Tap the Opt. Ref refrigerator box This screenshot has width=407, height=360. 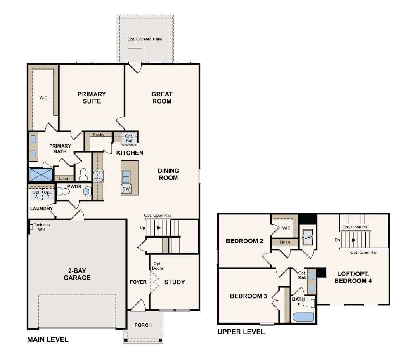[129, 139]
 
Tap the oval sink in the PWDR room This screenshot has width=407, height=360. [87, 192]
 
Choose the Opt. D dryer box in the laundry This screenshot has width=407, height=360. [48, 194]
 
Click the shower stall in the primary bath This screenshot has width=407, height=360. [40, 174]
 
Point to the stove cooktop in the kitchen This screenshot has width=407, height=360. [98, 176]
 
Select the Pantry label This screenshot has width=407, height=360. [98, 134]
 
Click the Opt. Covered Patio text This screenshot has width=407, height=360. [144, 39]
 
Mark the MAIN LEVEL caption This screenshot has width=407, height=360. [47, 339]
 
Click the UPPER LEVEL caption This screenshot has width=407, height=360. [241, 332]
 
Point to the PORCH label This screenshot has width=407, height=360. [143, 325]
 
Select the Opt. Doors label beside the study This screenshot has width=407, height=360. [157, 266]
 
